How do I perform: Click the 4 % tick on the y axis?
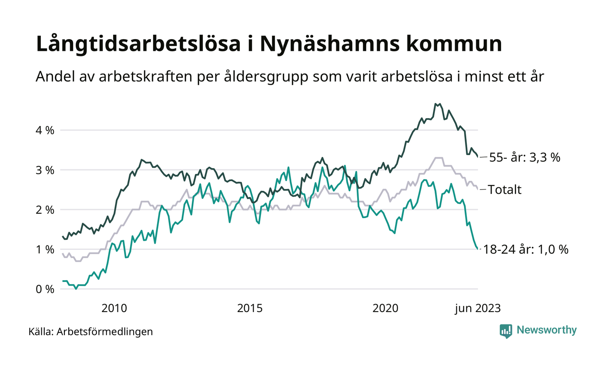pyautogui.click(x=45, y=130)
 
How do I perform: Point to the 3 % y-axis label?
pyautogui.click(x=45, y=170)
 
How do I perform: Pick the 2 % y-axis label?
pyautogui.click(x=45, y=210)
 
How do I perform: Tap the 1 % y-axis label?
pyautogui.click(x=45, y=249)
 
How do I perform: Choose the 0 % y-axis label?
pyautogui.click(x=45, y=289)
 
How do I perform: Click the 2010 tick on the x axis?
pyautogui.click(x=114, y=309)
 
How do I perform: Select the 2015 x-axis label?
pyautogui.click(x=250, y=309)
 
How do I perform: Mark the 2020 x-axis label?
pyautogui.click(x=385, y=309)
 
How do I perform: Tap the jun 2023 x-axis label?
pyautogui.click(x=478, y=309)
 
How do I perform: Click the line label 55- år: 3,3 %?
pyautogui.click(x=525, y=157)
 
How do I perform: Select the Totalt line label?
pyautogui.click(x=505, y=189)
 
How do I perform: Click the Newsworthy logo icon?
pyautogui.click(x=506, y=331)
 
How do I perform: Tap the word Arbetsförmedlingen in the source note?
pyautogui.click(x=105, y=332)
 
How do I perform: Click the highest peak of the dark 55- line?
pyautogui.click(x=436, y=104)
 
